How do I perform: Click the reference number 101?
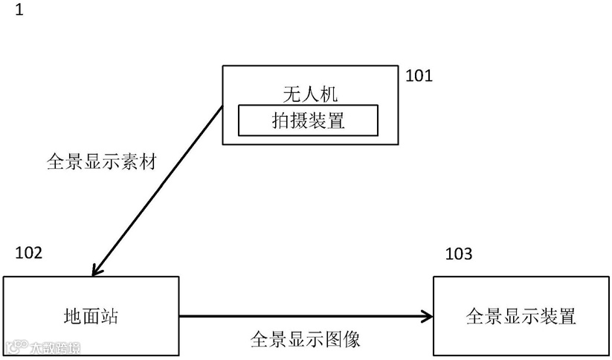click(x=419, y=75)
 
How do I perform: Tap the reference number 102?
click(x=29, y=251)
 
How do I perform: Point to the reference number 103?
click(x=458, y=255)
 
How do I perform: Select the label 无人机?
click(x=309, y=93)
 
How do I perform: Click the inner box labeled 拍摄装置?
click(x=308, y=120)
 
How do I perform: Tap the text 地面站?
click(x=91, y=316)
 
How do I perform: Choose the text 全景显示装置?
click(x=521, y=316)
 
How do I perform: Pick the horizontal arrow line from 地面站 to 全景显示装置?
click(x=297, y=316)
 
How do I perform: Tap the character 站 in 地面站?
click(x=109, y=316)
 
